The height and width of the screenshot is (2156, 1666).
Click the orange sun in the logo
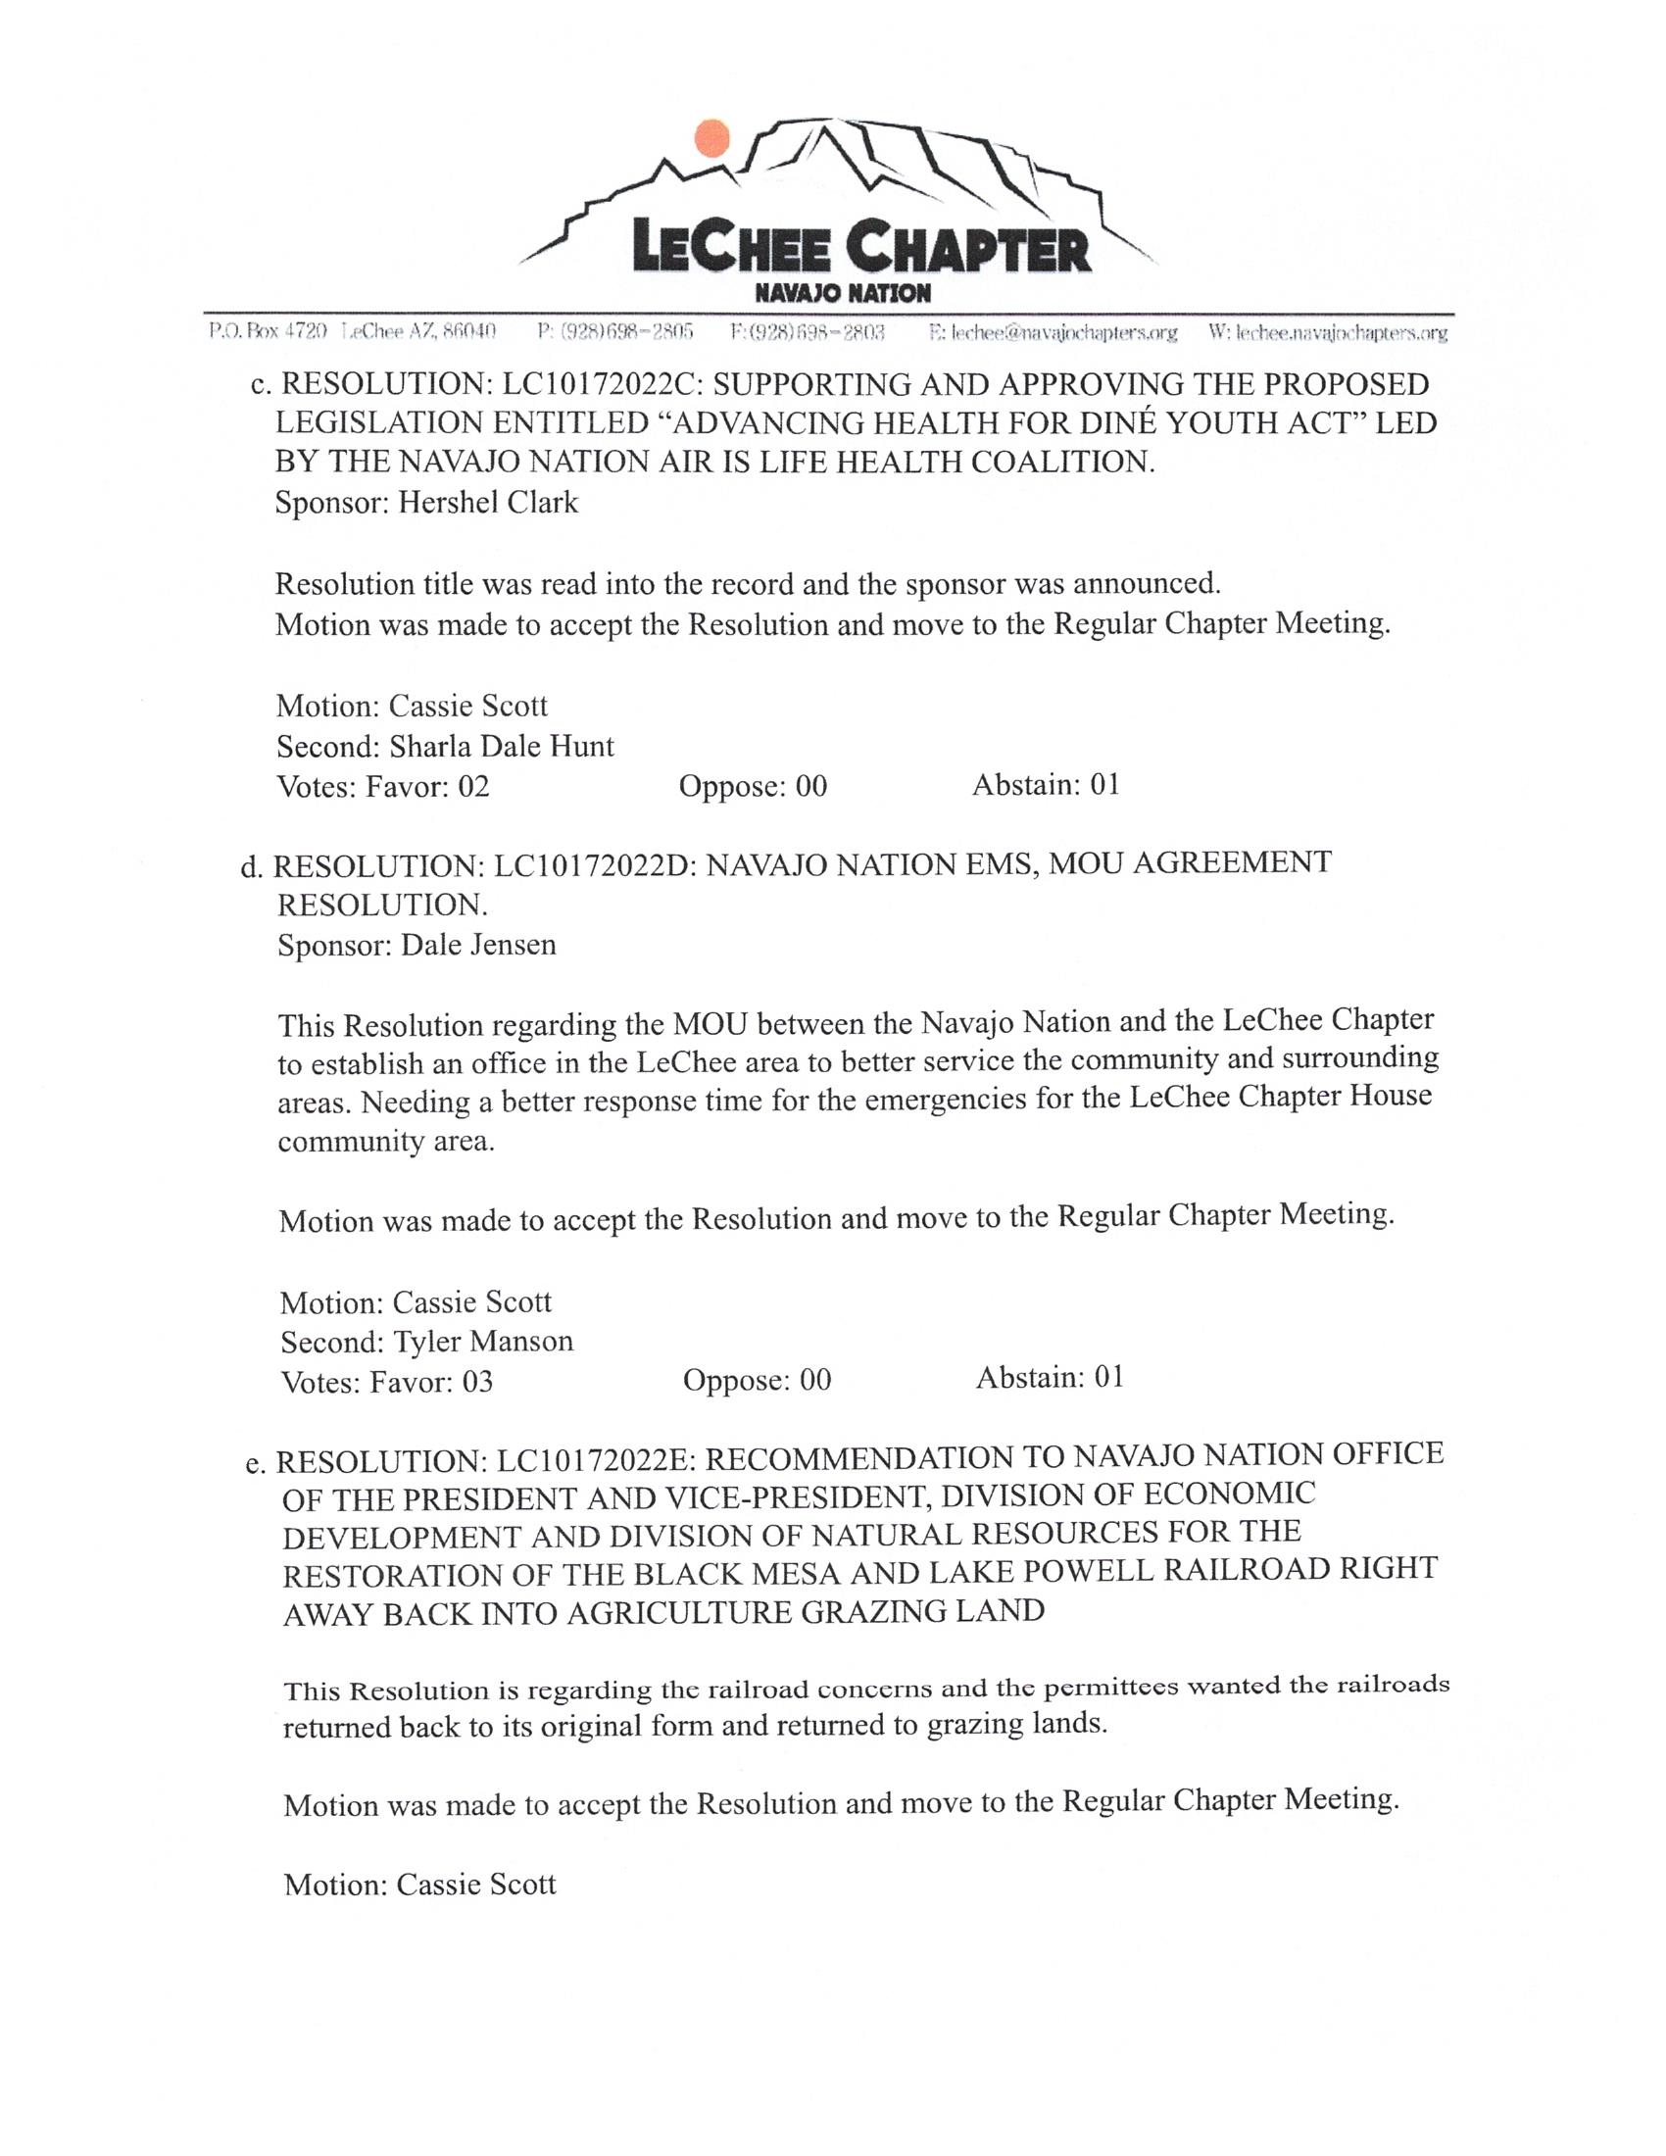(x=710, y=138)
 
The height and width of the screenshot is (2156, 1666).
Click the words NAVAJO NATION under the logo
(x=842, y=293)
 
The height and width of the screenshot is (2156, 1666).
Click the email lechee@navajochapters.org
(x=1054, y=332)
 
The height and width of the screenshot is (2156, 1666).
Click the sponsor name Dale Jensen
(x=478, y=945)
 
